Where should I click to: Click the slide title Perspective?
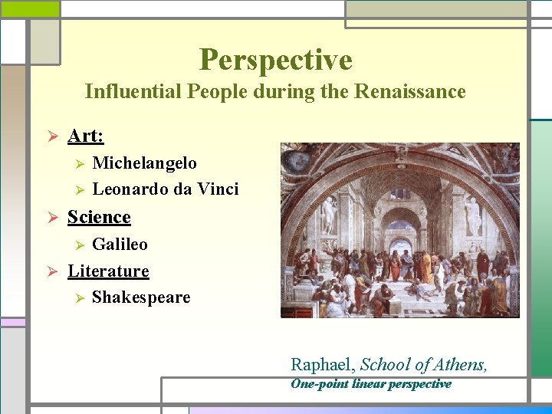click(275, 60)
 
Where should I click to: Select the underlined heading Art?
click(85, 136)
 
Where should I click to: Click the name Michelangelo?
click(144, 163)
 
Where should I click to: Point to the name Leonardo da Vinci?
click(165, 189)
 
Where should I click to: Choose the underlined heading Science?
click(99, 217)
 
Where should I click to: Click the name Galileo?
click(120, 245)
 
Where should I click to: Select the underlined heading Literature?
click(108, 271)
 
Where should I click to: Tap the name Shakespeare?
click(141, 297)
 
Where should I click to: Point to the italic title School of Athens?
click(423, 365)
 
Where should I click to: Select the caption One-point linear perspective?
click(370, 384)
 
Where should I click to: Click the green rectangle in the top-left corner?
click(29, 8)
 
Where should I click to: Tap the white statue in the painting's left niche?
click(329, 215)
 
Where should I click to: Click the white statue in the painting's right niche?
click(472, 215)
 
